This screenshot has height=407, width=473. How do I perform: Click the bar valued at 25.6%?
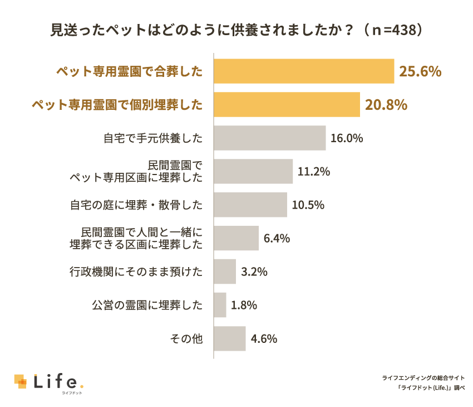(304, 71)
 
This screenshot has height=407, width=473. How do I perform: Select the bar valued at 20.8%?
(287, 104)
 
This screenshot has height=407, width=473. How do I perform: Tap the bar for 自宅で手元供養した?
(269, 138)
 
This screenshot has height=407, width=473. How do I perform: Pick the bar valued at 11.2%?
(253, 171)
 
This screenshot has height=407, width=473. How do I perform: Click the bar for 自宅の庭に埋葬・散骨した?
(250, 205)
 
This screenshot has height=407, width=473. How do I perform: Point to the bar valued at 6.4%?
(237, 238)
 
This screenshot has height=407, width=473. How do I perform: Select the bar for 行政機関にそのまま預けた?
(225, 272)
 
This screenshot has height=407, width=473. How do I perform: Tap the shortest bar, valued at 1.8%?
(220, 305)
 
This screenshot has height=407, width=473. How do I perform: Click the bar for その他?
(229, 338)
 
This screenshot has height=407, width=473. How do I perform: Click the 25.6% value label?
(420, 71)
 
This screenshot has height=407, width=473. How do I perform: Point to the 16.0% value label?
(346, 138)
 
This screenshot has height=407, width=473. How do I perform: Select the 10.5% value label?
(308, 205)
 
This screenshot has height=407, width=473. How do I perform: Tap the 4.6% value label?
(264, 339)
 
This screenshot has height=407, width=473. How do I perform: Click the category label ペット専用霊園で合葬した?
(129, 71)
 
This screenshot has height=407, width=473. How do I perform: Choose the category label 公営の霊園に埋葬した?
(147, 306)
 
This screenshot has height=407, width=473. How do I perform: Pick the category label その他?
(189, 339)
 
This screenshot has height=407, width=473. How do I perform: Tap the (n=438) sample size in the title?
(393, 30)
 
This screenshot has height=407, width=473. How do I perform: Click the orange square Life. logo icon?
(21, 382)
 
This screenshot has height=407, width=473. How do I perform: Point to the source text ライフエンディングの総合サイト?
(423, 377)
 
